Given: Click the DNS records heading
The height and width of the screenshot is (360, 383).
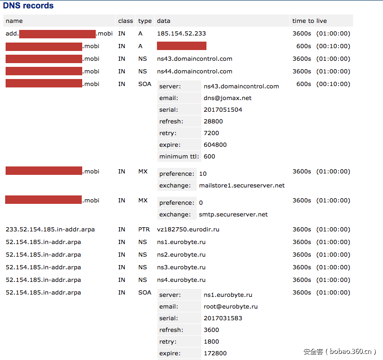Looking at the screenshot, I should [28, 6].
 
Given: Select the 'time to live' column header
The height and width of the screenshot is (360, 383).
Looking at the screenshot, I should [309, 21].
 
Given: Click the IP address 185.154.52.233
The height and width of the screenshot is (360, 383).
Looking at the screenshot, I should [181, 34].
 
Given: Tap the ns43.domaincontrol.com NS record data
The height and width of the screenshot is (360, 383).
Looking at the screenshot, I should [194, 59].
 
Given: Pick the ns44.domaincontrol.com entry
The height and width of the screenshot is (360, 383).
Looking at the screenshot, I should [194, 72].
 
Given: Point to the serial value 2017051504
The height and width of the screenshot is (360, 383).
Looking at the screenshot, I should [223, 110].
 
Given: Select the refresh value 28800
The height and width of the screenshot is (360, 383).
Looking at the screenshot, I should [213, 122].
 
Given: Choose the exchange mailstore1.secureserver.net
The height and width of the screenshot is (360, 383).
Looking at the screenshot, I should [241, 186].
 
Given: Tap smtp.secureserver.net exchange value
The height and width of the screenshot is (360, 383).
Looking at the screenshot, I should [233, 215].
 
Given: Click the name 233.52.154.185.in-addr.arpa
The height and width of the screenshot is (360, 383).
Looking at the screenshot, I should [50, 230].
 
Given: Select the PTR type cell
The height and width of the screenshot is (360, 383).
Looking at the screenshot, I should [144, 230].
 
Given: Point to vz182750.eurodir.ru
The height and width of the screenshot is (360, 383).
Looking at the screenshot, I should [188, 230].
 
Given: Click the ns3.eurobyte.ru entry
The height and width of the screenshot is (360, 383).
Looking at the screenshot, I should [181, 267].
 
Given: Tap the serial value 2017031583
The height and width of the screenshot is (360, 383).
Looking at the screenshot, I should [223, 318].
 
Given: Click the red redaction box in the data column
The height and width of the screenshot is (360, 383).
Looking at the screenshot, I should [181, 46].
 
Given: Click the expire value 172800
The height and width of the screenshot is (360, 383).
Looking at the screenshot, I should [215, 353].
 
